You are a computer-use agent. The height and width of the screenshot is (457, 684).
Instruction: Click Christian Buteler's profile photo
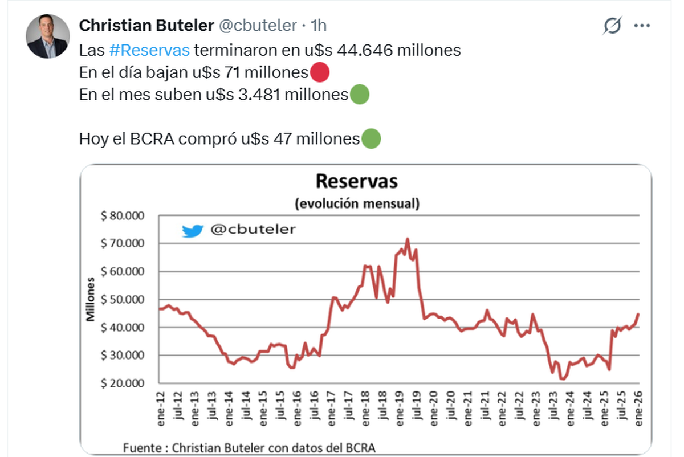coord(47,36)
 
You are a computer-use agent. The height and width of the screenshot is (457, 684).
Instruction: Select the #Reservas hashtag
coord(149,50)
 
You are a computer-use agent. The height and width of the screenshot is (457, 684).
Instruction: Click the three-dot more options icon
coord(642,26)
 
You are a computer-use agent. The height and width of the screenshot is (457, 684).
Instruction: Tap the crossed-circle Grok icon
coord(612,26)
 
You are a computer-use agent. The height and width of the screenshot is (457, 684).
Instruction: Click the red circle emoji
coord(320,73)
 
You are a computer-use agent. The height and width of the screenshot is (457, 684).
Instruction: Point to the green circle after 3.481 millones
coord(359,95)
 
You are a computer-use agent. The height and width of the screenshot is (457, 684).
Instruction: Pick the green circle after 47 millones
coord(371,139)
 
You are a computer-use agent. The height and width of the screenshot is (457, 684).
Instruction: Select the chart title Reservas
coord(357,181)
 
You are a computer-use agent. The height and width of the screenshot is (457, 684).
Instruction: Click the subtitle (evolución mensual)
coord(357,204)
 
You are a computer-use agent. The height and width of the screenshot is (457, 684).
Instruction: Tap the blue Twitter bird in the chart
coord(193,230)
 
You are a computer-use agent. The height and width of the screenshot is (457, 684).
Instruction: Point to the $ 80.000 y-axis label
coord(123,216)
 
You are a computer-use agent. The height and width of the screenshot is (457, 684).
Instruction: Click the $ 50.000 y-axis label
coord(123,300)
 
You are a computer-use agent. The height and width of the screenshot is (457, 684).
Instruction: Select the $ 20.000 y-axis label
coord(123,383)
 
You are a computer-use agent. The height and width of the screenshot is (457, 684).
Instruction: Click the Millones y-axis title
coord(91,299)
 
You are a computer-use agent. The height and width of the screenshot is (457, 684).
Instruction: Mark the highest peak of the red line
coord(407,239)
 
